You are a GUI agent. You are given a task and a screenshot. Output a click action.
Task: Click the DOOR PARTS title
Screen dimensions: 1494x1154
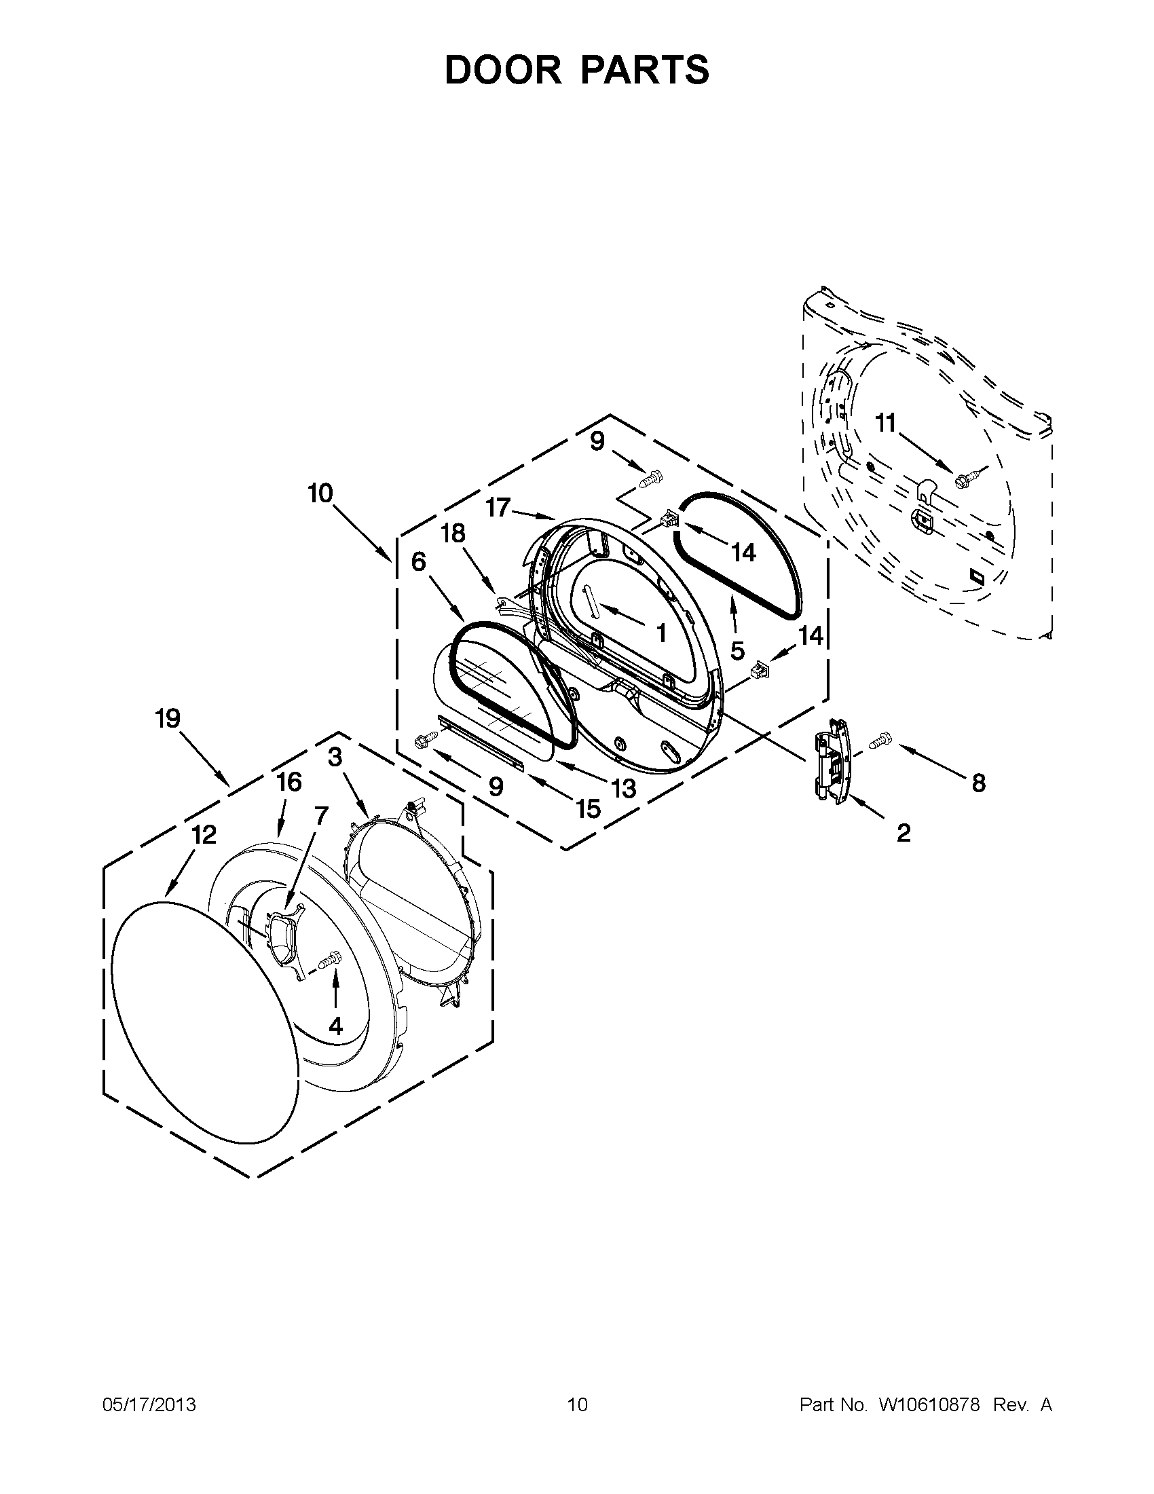576,71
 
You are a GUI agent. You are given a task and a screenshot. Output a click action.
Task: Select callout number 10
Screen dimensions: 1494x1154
320,493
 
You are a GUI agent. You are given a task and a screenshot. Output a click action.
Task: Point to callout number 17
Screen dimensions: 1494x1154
499,508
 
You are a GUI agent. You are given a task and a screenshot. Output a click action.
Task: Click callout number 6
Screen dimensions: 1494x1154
419,561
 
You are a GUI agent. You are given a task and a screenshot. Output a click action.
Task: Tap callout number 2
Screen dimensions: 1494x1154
903,832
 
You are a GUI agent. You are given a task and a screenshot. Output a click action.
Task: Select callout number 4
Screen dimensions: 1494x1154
335,1026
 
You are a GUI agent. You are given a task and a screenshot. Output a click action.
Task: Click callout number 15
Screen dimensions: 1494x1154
588,808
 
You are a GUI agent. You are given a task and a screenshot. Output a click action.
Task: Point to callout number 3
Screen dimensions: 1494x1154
335,758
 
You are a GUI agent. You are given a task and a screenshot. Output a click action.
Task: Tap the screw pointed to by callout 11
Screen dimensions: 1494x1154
970,472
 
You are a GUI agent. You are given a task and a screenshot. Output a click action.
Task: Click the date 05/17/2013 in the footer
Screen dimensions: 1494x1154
149,1405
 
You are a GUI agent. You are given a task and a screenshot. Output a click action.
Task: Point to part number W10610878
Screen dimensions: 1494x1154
929,1405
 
